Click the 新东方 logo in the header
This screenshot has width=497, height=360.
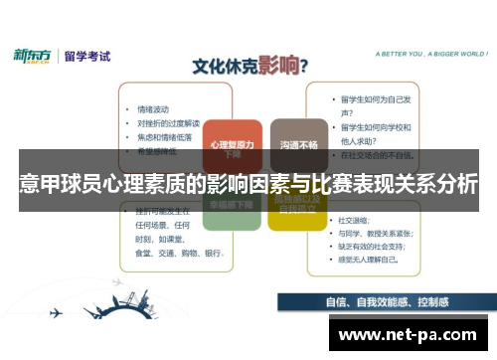[x=34, y=56]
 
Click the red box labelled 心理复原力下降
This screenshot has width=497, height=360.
[x=233, y=145]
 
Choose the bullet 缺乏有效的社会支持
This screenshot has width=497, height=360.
[x=381, y=245]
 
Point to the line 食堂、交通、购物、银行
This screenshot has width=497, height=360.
[x=178, y=253]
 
